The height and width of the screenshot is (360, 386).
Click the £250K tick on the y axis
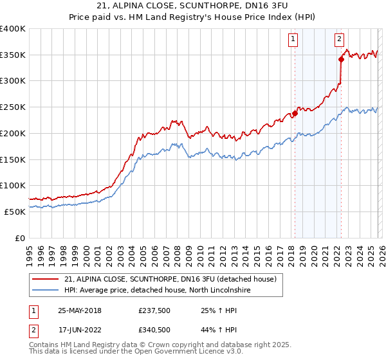(13, 107)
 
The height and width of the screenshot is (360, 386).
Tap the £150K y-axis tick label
(13, 159)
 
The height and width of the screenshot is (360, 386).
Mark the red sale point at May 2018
(295, 114)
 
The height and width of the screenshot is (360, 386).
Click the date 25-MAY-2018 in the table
(80, 310)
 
